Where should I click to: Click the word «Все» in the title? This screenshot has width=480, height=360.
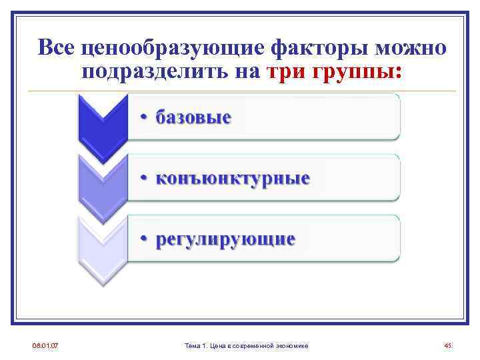(x=55, y=48)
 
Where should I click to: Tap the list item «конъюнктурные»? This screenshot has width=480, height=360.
(x=233, y=179)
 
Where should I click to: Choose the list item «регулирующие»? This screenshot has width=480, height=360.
(x=225, y=239)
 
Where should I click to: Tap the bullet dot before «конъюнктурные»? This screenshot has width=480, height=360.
(x=143, y=179)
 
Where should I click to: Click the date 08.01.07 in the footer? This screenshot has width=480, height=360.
(x=45, y=345)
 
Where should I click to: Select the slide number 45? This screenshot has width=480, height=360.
(x=447, y=345)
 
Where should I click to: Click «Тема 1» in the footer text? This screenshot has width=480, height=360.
(x=196, y=345)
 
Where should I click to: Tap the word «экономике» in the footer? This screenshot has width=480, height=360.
(x=293, y=345)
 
